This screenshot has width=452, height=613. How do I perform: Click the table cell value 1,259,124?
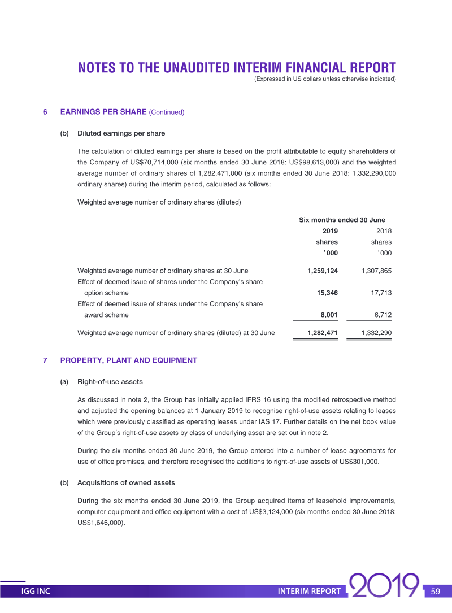tap(323, 271)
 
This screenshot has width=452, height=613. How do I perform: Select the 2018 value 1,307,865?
tap(376, 271)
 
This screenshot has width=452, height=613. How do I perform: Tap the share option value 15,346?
tap(327, 293)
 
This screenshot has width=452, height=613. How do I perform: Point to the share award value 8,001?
tap(328, 315)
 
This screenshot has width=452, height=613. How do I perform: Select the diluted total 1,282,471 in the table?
tap(323, 333)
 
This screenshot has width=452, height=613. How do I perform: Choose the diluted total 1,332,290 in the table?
tap(376, 333)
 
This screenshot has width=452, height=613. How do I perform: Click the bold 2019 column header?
tap(330, 231)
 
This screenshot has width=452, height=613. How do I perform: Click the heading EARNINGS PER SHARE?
tap(103, 112)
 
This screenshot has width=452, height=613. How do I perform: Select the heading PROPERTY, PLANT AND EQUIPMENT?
tap(129, 360)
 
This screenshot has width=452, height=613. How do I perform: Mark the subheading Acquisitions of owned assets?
tap(126, 483)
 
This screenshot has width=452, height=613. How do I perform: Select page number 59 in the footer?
tap(435, 592)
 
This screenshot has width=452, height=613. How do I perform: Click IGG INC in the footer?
tap(36, 592)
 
